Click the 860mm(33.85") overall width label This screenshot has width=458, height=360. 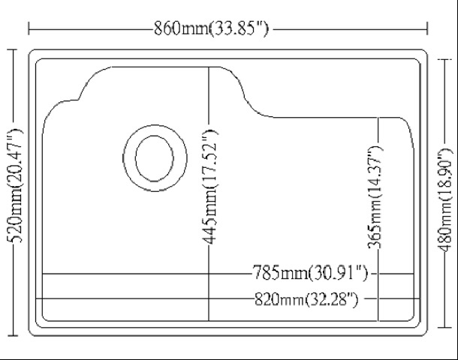(211, 28)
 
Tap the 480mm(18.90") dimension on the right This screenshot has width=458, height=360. (444, 199)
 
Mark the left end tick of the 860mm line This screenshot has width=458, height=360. (29, 28)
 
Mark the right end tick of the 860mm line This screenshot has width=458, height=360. (429, 28)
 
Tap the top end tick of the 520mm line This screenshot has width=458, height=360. (12, 49)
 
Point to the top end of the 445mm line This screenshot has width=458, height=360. (209, 67)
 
